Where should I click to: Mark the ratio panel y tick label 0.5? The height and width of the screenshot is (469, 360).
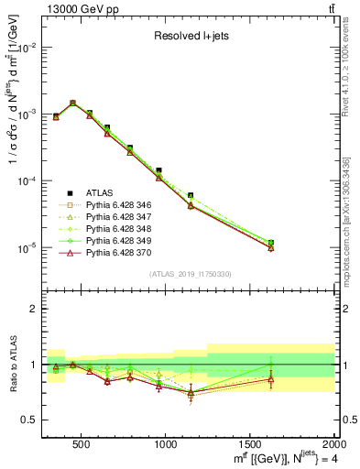pos(30,420)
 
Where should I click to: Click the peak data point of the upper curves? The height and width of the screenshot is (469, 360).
pos(73,104)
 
